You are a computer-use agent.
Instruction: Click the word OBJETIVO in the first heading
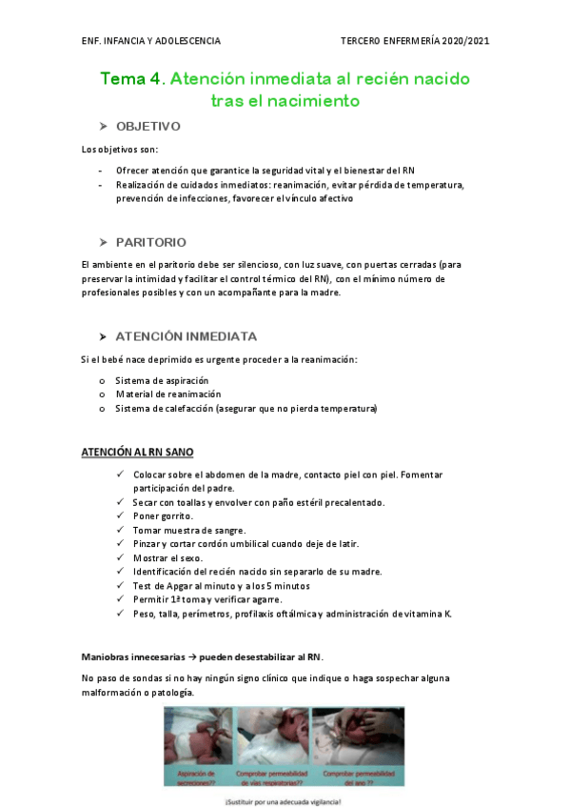coord(147,127)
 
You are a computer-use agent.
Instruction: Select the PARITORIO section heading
coord(150,242)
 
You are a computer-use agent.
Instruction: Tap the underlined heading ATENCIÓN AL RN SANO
coord(138,452)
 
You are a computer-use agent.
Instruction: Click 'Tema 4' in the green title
coord(131,79)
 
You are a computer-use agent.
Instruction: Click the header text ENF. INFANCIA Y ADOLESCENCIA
coord(151,41)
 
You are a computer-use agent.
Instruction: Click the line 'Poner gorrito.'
coord(163,515)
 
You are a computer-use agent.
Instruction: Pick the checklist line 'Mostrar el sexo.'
coord(168,557)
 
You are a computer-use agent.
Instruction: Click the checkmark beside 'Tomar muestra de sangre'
coord(118,530)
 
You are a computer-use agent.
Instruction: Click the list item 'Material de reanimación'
coord(167,394)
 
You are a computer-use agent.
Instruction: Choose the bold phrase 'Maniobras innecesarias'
coord(133,656)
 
